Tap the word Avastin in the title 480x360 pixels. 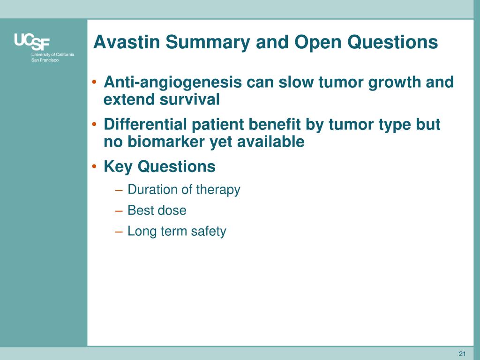[127, 42]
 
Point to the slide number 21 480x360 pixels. [462, 354]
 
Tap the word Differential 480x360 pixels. [145, 125]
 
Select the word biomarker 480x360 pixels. [166, 142]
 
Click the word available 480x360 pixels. [270, 142]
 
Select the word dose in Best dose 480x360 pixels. [172, 210]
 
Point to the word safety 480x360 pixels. [209, 232]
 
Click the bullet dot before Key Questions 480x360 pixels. [95, 167]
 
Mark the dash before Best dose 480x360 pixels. [119, 211]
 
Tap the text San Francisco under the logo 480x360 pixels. [45, 60]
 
